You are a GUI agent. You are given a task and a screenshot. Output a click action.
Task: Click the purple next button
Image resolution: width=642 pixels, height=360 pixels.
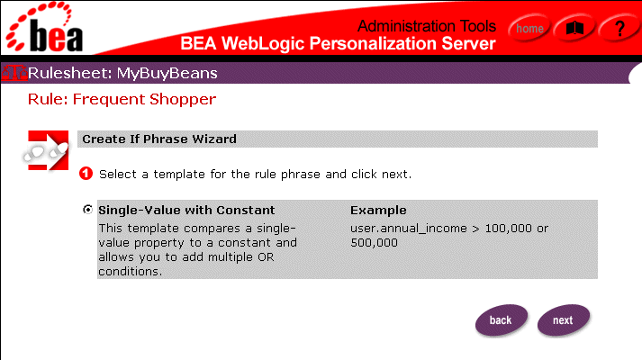[564, 319]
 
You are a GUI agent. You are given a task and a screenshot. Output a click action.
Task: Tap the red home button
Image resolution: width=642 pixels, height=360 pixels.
[529, 28]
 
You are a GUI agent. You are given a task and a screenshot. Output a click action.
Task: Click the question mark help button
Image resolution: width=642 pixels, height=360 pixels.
[619, 28]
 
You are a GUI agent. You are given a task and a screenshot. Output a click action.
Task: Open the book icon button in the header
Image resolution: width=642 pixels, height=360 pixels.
[574, 28]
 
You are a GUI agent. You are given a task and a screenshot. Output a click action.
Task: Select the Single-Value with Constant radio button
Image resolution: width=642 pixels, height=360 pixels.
[87, 210]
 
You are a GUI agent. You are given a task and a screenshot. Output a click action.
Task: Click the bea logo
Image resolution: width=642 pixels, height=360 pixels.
[44, 27]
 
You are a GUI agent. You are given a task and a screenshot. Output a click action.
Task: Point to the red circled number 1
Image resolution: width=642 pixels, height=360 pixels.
[86, 174]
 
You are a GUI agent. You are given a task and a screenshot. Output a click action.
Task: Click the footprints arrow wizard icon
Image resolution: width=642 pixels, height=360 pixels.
[46, 150]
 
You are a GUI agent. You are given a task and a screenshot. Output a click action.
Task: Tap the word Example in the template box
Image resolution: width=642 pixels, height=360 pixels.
[378, 211]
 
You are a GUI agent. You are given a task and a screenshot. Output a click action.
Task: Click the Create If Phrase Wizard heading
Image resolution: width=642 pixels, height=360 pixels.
[159, 139]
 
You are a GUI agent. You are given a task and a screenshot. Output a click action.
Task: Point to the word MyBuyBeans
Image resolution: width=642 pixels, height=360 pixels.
[167, 73]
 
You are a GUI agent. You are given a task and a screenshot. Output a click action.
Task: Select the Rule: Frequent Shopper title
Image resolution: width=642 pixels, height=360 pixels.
[122, 99]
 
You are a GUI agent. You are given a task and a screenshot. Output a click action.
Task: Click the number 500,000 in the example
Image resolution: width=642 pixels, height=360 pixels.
[374, 243]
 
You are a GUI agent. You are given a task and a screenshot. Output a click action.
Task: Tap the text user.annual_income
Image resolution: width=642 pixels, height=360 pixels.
[409, 229]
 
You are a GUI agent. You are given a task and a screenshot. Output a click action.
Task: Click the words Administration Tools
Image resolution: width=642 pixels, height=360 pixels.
[427, 26]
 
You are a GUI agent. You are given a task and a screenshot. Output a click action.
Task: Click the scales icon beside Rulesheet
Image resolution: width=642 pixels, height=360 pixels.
[14, 73]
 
